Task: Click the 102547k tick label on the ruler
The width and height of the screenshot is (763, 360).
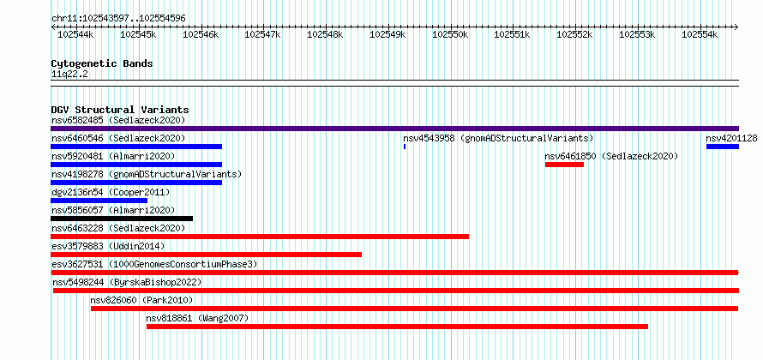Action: point(263,34)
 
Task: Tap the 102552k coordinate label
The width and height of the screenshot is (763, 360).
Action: point(574,34)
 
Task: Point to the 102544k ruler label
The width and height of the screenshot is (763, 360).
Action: point(76,34)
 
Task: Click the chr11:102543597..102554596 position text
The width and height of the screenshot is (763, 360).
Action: point(118,19)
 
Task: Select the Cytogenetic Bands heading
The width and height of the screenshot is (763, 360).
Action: point(102,63)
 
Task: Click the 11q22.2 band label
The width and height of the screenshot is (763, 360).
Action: point(70,75)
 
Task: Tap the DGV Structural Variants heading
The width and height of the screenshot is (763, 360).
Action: point(120,110)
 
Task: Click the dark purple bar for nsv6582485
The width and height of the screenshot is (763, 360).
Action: point(394,129)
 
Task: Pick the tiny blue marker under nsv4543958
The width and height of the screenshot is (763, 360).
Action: point(405,147)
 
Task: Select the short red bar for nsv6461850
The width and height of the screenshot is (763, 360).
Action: point(564,165)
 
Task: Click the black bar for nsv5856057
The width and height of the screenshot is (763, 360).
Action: point(122,219)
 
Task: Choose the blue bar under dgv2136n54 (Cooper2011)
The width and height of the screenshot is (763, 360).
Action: point(99,201)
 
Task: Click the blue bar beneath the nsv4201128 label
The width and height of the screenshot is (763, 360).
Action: point(723,147)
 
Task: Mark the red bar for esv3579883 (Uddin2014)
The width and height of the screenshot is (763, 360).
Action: point(207,255)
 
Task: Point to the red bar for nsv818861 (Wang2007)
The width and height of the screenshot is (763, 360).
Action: point(397,327)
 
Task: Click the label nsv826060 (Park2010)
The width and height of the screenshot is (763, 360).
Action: point(141,300)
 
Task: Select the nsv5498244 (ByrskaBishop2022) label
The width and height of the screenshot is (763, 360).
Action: point(127,282)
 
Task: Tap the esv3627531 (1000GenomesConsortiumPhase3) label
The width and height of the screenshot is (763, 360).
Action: point(154,264)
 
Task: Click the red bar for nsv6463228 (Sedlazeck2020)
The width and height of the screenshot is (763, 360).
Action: point(260,237)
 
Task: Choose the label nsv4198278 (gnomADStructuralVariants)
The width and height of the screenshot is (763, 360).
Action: point(147,174)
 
